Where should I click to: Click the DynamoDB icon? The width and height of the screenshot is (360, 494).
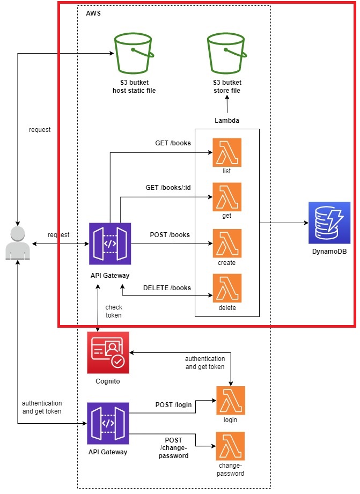click(x=329, y=223)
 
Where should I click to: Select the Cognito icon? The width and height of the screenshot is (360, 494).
click(x=108, y=352)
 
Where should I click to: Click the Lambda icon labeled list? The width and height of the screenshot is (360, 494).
click(x=227, y=152)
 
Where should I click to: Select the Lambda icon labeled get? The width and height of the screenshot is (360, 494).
click(x=227, y=197)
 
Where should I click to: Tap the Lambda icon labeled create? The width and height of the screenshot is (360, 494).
click(x=227, y=243)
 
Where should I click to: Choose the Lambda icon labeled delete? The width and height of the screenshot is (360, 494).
click(x=227, y=288)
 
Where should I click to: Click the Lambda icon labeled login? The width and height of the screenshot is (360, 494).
click(x=230, y=400)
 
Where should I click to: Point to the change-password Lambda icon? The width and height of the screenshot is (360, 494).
click(x=230, y=445)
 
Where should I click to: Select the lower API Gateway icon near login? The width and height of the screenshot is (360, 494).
click(x=108, y=423)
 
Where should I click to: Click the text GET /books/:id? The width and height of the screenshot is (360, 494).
click(x=168, y=188)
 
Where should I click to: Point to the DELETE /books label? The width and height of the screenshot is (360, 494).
click(x=167, y=287)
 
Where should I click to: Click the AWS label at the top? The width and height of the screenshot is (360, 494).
click(x=93, y=13)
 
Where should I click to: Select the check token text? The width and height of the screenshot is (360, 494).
click(x=113, y=311)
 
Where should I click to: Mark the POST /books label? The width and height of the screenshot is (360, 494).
click(x=170, y=235)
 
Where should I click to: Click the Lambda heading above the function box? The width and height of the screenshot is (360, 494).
click(x=227, y=121)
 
